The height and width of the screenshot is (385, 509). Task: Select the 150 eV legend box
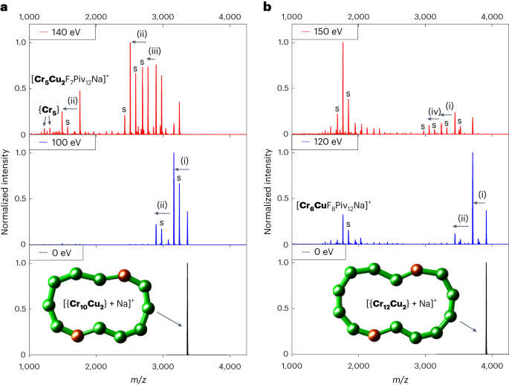[322, 33]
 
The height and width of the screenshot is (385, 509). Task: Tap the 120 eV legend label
[322, 142]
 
